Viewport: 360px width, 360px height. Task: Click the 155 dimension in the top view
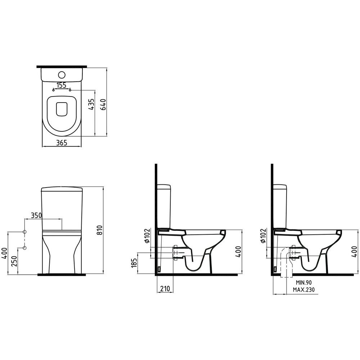pyautogui.click(x=62, y=85)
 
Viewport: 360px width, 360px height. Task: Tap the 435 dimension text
pyautogui.click(x=91, y=105)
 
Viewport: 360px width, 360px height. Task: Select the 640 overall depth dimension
pyautogui.click(x=103, y=104)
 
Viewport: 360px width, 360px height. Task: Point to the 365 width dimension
pyautogui.click(x=62, y=143)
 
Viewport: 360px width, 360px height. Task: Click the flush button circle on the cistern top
pyautogui.click(x=62, y=75)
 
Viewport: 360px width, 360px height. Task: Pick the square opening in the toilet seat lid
pyautogui.click(x=62, y=109)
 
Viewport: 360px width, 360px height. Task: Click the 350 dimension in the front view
pyautogui.click(x=36, y=215)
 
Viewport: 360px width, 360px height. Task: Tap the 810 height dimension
pyautogui.click(x=99, y=230)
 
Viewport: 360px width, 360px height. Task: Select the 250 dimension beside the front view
pyautogui.click(x=14, y=261)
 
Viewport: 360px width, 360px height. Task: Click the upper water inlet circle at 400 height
pyautogui.click(x=25, y=232)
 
